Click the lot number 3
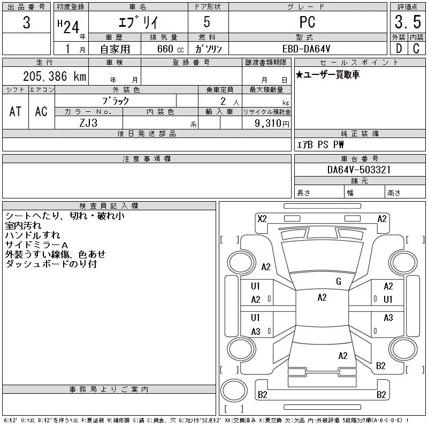point(27,22)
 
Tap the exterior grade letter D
point(398,48)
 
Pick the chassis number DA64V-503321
point(359,170)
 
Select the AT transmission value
point(16,111)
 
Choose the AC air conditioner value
point(41,111)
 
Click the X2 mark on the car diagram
point(262,218)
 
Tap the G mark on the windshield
point(339,281)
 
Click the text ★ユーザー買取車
point(327,75)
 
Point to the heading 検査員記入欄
point(109,205)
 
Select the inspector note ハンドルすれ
point(32,235)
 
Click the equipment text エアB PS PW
point(320,144)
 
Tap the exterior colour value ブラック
point(116,101)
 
